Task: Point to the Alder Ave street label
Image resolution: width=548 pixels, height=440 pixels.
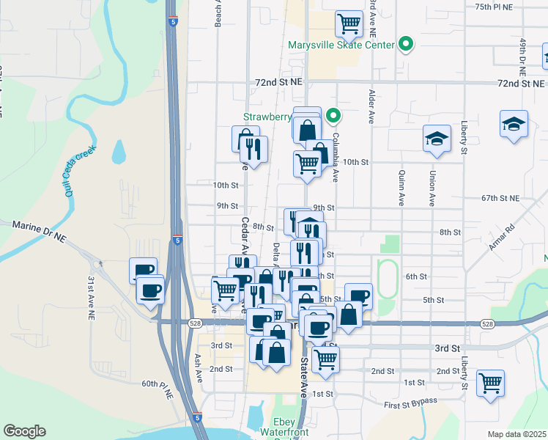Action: (x=373, y=106)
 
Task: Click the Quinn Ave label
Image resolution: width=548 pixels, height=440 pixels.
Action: (x=401, y=188)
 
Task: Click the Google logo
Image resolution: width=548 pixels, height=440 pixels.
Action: (x=25, y=431)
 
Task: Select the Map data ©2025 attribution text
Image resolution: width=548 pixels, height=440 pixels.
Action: (x=516, y=434)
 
